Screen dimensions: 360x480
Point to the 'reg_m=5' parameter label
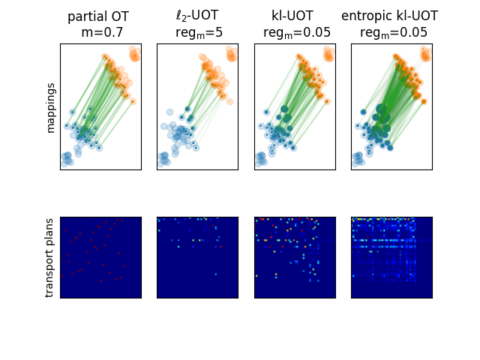click(198, 32)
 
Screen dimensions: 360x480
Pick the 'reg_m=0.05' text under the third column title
click(295, 32)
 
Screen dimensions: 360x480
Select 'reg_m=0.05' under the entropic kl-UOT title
click(393, 32)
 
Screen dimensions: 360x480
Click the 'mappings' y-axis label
click(51, 106)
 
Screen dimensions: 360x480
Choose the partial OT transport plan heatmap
click(100, 257)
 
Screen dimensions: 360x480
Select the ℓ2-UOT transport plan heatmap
click(197, 257)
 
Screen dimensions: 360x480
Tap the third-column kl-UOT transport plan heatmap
click(295, 257)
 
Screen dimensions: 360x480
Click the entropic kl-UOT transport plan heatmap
click(391, 257)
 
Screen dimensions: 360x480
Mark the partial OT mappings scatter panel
click(100, 106)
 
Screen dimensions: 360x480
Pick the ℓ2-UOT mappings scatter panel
click(197, 106)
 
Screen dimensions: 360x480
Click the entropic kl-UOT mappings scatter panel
click(391, 106)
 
